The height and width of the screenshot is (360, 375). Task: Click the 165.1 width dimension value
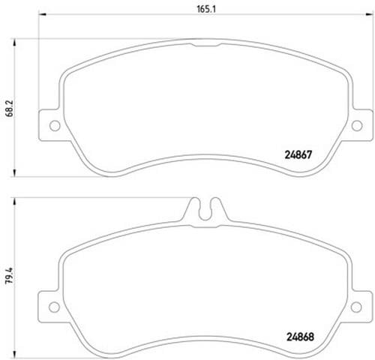point(206,9)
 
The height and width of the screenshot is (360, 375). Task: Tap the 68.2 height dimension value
point(10,109)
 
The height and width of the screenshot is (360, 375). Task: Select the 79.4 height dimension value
point(9,275)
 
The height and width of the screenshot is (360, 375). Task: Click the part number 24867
point(298,155)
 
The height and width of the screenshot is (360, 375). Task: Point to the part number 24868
point(300,337)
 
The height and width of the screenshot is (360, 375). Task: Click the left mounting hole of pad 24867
point(55,125)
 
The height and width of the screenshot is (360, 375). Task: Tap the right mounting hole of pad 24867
point(357,125)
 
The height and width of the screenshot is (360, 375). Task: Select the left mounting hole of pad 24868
point(54,307)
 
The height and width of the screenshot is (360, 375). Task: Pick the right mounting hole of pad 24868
point(356,307)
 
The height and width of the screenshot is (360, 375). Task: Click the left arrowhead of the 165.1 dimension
point(43,15)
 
